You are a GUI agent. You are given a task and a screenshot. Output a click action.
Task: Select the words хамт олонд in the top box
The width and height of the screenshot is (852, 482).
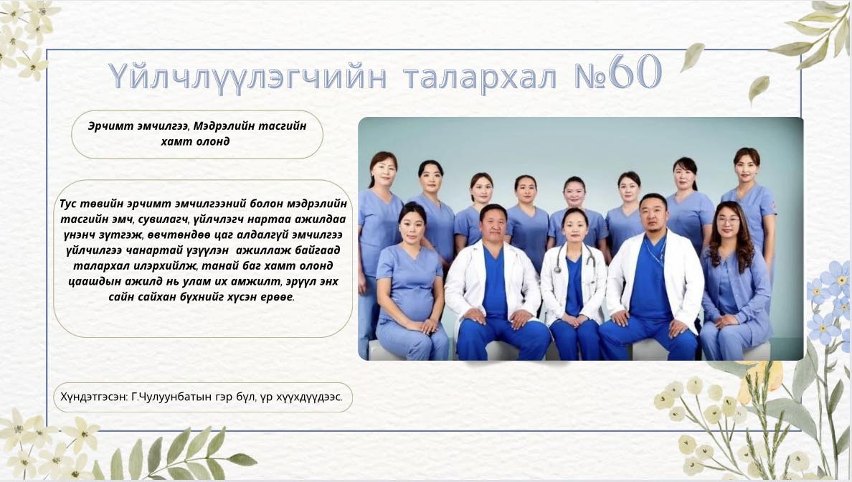[196, 141]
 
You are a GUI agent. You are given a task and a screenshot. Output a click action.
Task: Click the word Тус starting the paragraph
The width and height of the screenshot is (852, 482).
[68, 204]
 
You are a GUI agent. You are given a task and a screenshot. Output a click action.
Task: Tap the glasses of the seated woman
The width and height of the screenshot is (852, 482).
[727, 221]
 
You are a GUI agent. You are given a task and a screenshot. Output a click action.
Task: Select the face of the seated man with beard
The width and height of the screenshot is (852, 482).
[653, 214]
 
